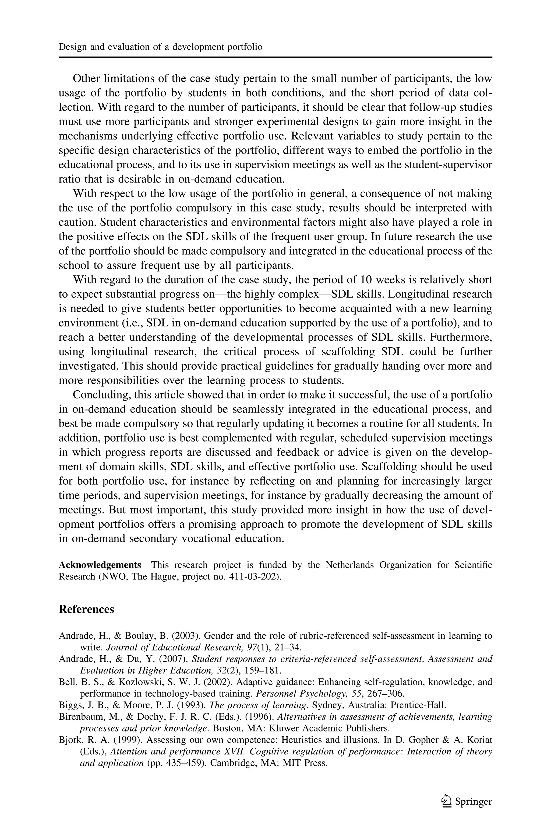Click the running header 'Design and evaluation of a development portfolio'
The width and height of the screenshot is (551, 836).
point(160,47)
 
